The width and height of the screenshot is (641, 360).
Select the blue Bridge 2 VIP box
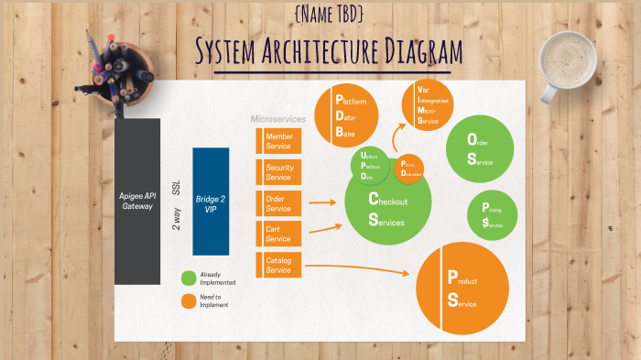click(210, 201)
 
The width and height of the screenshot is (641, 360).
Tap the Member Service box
click(277, 141)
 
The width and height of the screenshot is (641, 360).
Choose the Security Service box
click(277, 172)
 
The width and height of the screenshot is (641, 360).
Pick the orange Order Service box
click(277, 203)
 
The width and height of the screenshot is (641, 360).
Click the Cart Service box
click(277, 234)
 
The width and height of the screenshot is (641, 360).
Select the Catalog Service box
click(277, 265)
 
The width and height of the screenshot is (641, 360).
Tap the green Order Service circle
click(479, 148)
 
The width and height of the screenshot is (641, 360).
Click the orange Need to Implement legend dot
click(189, 300)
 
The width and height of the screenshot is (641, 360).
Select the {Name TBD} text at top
click(330, 14)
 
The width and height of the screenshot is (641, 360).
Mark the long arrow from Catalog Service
click(357, 268)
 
